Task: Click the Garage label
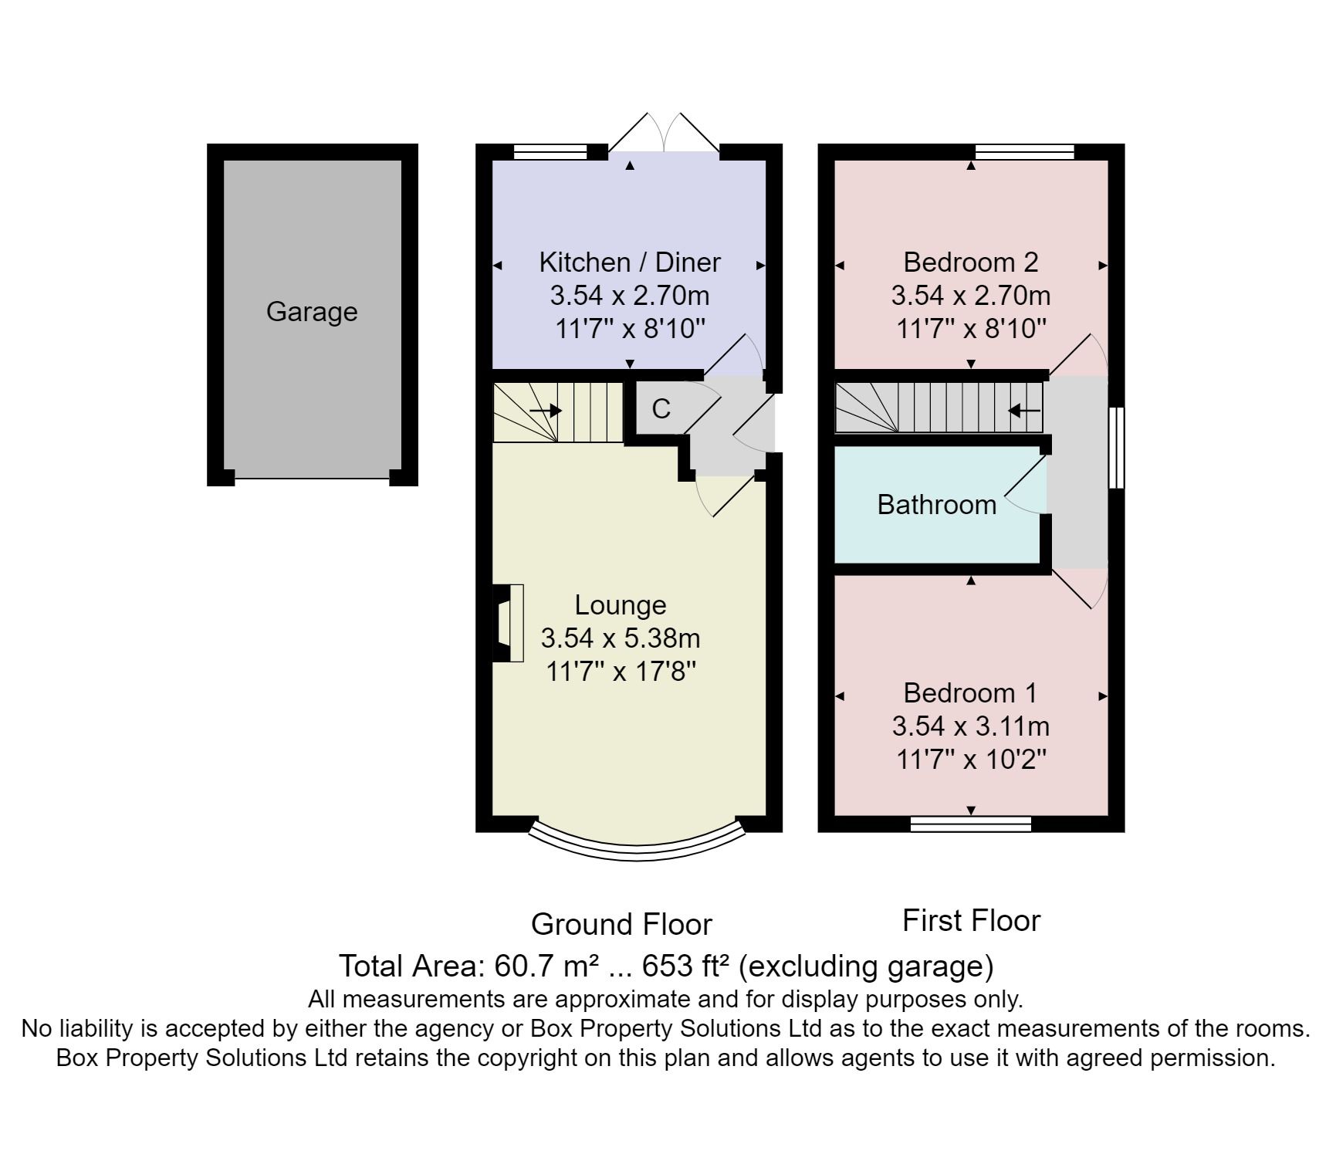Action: point(312,312)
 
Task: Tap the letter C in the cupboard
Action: point(661,409)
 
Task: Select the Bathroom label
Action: point(937,505)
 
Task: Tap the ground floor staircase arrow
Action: point(546,411)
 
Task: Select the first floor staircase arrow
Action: point(1024,411)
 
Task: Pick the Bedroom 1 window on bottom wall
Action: point(971,824)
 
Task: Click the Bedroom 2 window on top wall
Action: point(1024,151)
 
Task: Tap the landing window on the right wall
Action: point(1116,448)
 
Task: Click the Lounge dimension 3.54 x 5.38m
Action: point(621,638)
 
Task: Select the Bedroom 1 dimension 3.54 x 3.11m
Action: point(971,726)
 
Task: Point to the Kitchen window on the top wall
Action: point(550,151)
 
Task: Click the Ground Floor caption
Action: point(621,924)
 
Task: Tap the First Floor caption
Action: point(971,921)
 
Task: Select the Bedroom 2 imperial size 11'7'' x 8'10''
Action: point(971,330)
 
